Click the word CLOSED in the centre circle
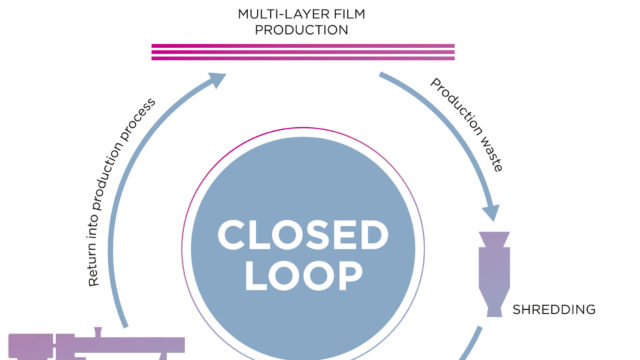coord(302,235)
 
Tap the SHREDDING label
coord(553,309)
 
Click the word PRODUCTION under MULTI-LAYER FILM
coord(302,30)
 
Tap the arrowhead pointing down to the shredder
coord(490,212)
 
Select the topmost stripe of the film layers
coord(302,45)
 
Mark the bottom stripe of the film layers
coord(302,60)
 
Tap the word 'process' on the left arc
coord(145,120)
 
